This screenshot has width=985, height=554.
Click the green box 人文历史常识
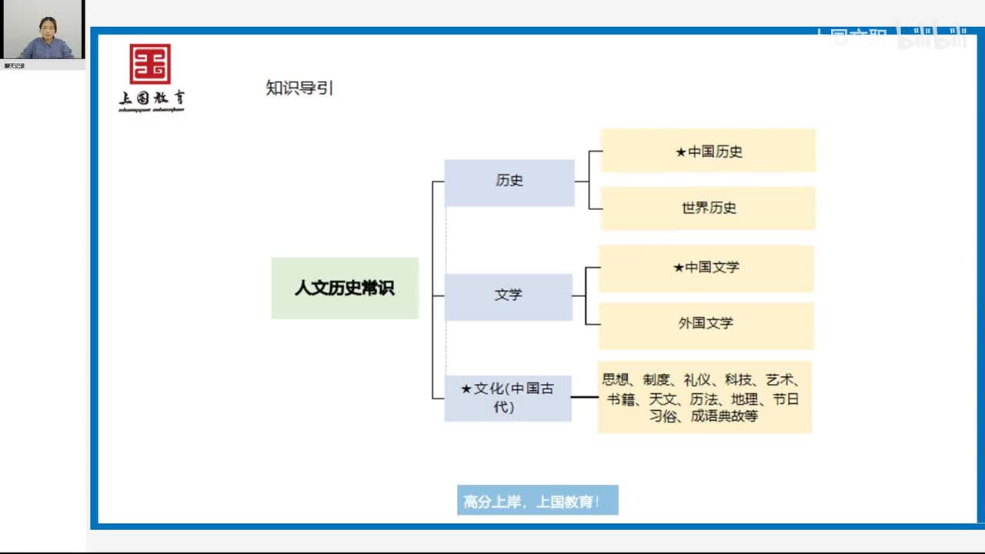(345, 288)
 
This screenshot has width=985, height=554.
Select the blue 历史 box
(509, 182)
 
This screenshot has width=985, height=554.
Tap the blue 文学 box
(509, 295)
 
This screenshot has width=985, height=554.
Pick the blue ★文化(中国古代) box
(508, 398)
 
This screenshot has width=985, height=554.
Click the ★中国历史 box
(708, 151)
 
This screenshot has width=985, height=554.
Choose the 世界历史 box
(708, 208)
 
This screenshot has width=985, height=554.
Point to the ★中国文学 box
(706, 268)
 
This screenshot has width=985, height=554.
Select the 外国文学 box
(706, 324)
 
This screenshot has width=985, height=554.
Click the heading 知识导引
(299, 88)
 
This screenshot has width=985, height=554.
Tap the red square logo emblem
(150, 64)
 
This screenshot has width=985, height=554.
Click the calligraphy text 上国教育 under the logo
(152, 98)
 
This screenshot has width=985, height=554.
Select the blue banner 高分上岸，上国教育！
(537, 501)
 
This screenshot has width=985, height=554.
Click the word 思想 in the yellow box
(616, 379)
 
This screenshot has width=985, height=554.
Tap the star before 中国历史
(681, 152)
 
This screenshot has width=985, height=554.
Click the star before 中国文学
(679, 268)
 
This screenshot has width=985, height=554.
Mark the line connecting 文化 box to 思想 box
(585, 397)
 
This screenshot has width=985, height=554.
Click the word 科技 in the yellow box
(738, 379)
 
